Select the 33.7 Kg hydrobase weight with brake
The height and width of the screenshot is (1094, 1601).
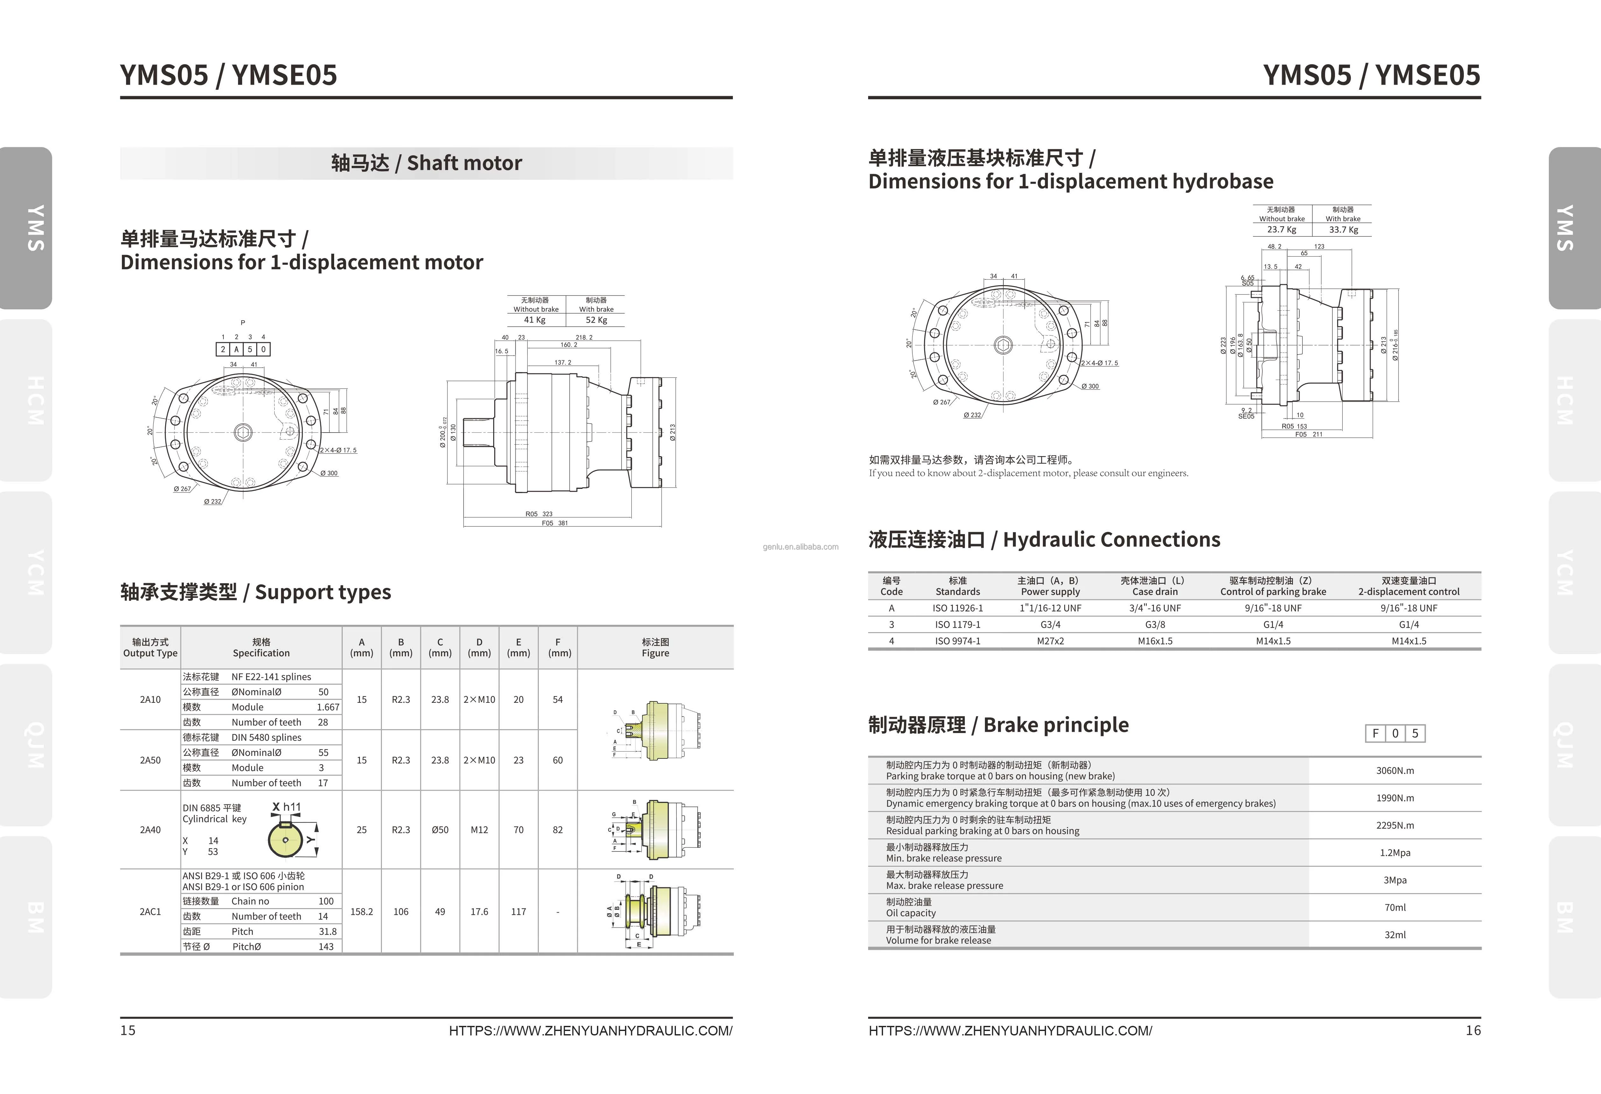1343,229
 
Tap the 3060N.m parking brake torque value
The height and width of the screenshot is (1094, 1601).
1395,770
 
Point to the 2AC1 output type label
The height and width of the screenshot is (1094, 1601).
150,911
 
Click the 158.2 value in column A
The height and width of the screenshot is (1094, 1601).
362,911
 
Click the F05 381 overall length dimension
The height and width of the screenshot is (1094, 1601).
555,523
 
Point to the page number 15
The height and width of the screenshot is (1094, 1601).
128,1031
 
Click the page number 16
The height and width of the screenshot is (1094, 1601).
1473,1031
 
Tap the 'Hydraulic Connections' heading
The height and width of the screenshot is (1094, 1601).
1044,540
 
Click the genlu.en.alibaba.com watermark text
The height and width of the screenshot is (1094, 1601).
801,547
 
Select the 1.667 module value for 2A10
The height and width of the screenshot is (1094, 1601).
328,707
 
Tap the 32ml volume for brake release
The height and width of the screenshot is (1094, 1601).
1395,935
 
